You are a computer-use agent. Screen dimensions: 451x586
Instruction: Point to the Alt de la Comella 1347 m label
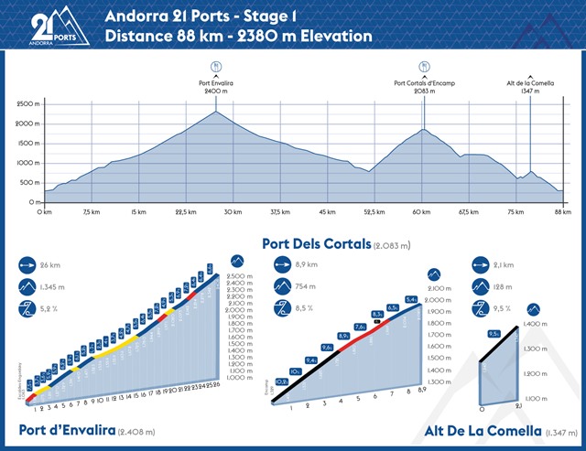click(x=531, y=86)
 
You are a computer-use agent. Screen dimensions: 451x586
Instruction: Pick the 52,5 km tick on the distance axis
click(x=374, y=211)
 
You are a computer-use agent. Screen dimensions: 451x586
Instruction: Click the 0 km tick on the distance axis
click(x=42, y=211)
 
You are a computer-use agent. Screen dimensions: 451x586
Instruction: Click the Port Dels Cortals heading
click(x=316, y=244)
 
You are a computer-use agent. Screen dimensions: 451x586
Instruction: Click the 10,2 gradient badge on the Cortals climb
click(x=282, y=381)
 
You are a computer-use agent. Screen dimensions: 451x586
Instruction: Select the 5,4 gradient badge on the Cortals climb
click(x=411, y=299)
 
